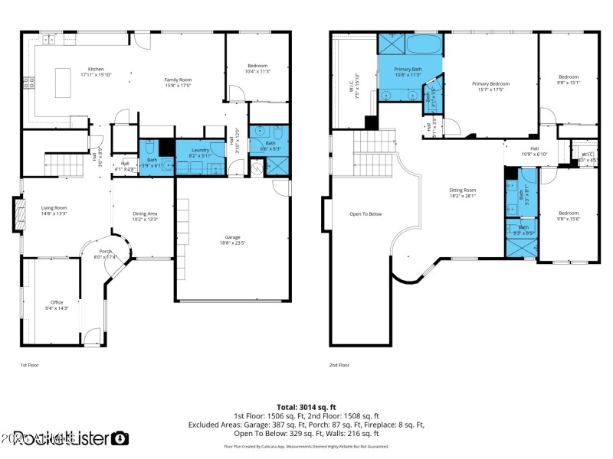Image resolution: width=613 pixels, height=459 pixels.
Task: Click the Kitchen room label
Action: pos(96,69)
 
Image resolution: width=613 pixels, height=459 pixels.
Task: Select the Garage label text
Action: pos(232,237)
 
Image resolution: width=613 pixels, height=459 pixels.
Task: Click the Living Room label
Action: pos(54,208)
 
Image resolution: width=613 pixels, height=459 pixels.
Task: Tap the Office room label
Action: pos(57,302)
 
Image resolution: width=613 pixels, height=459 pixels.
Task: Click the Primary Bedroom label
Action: pos(490,83)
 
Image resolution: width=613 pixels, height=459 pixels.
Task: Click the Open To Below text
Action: pos(366,214)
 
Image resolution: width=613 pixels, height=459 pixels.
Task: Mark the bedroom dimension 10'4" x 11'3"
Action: pos(257,72)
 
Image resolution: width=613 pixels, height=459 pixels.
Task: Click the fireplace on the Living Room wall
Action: pos(16,214)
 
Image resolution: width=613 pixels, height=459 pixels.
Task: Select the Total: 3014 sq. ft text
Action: pos(306,407)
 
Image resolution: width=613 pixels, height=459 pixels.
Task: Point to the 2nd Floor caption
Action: pos(339,366)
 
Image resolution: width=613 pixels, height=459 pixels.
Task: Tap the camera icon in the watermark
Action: pos(120,438)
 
